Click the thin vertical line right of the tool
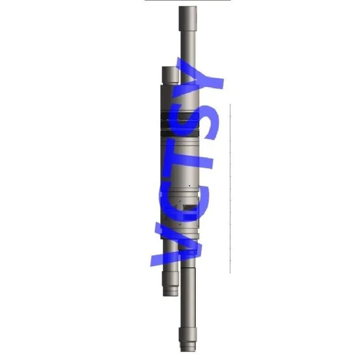(x=230, y=187)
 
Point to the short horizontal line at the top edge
(x=187, y=0)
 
